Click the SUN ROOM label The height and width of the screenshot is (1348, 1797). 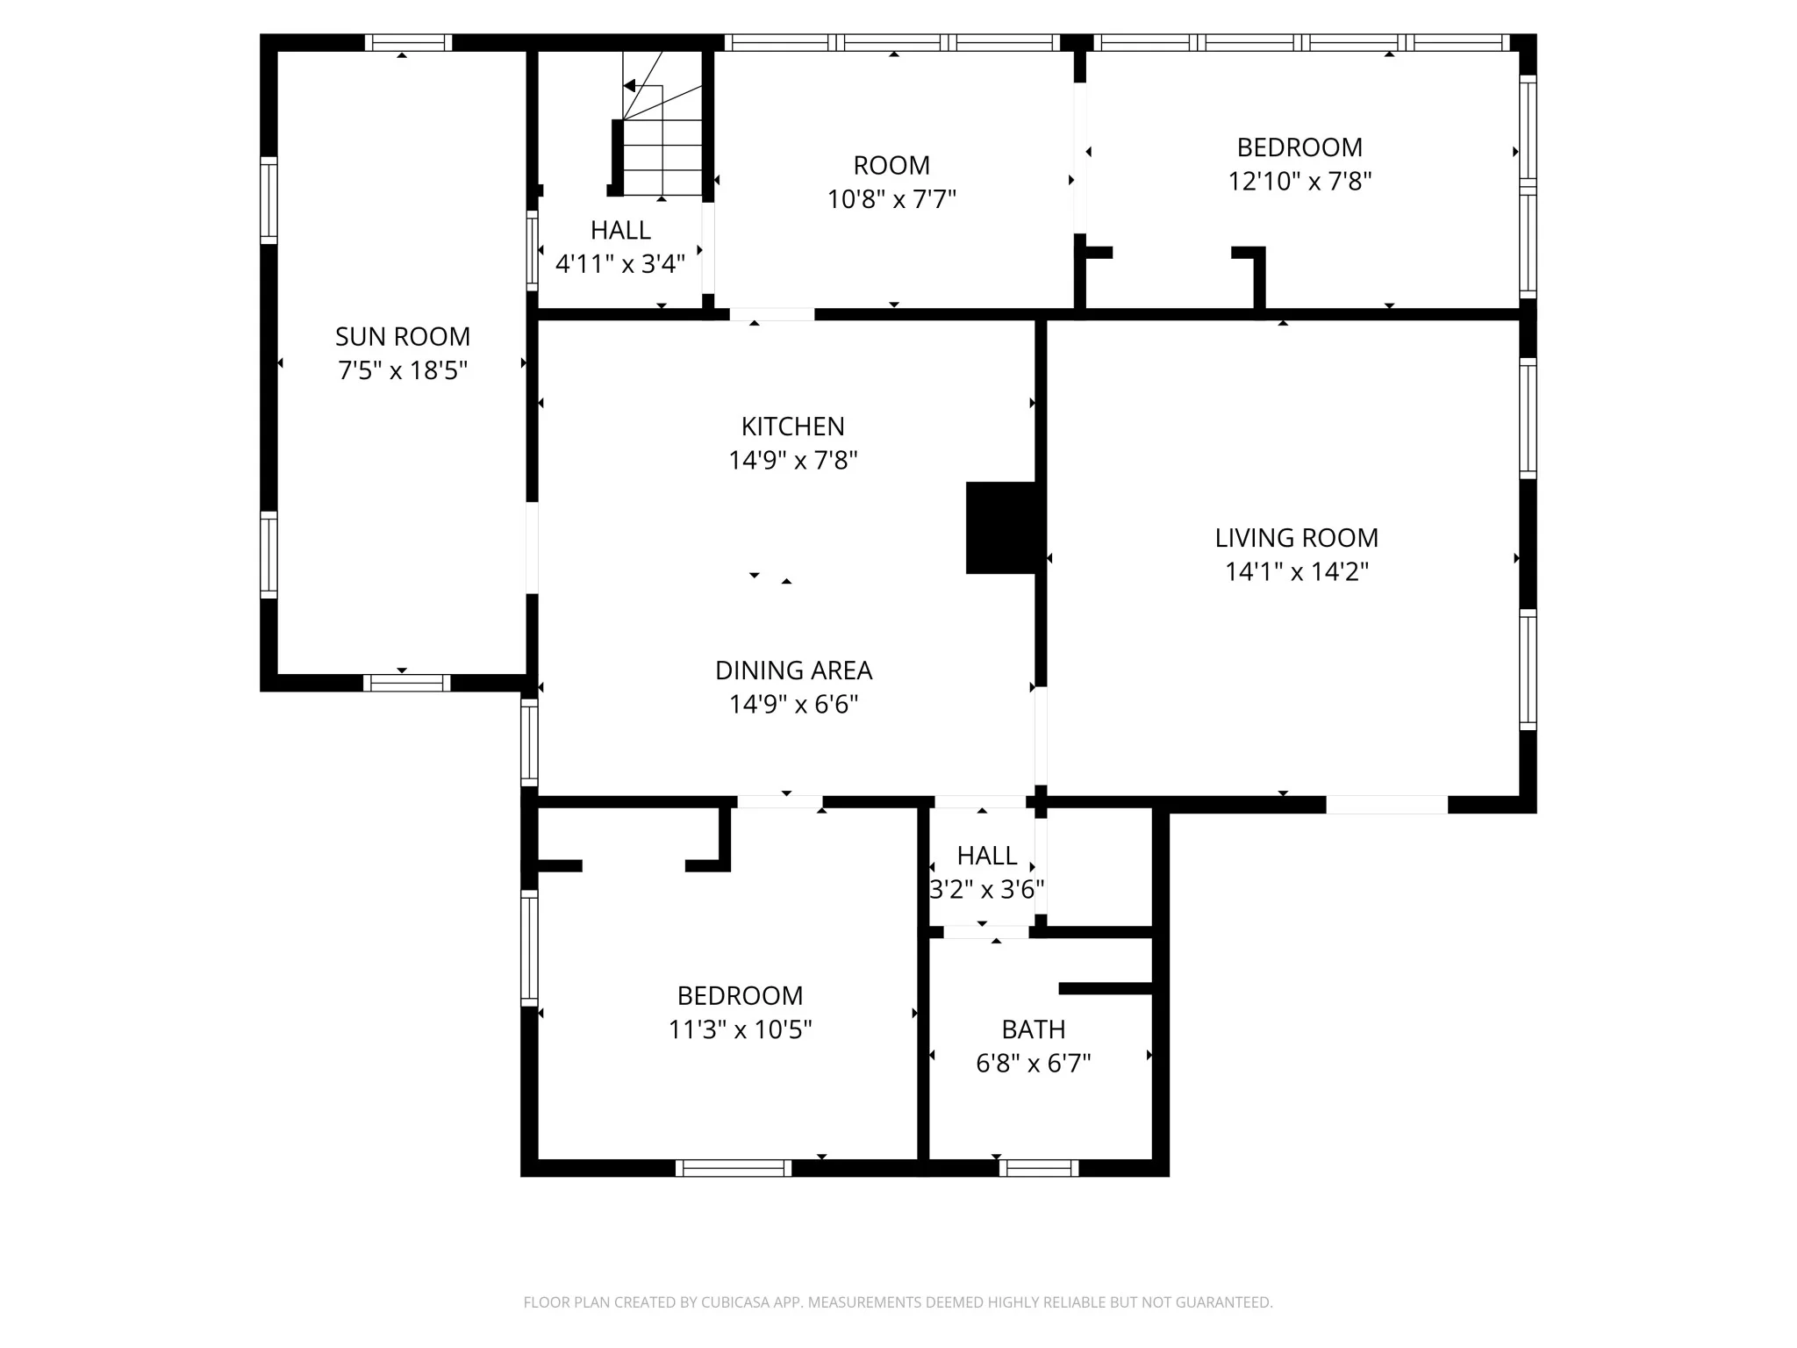403,336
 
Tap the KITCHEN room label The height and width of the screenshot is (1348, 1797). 793,427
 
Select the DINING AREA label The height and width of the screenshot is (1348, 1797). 794,670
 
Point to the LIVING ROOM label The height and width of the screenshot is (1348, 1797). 1297,538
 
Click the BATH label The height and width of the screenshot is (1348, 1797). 1034,1029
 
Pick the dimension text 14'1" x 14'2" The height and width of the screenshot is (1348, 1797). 1297,572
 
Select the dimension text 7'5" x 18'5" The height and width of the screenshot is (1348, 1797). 403,370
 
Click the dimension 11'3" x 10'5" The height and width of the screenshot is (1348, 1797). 741,1029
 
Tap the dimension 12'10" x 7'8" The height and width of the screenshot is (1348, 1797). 1299,182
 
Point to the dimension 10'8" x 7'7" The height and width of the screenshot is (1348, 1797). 891,200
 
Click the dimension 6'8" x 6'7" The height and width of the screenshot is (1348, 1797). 1034,1064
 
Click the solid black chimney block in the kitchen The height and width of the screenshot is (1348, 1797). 1001,527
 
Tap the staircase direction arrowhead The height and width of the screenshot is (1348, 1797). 629,85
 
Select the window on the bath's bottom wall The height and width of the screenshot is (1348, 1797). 1039,1168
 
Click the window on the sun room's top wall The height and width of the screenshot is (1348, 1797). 408,42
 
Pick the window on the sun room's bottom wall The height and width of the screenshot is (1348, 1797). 407,683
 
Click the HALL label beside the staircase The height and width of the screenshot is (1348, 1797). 620,230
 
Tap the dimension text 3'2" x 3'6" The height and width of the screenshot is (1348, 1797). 987,890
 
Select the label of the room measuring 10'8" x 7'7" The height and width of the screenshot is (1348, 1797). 891,166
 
